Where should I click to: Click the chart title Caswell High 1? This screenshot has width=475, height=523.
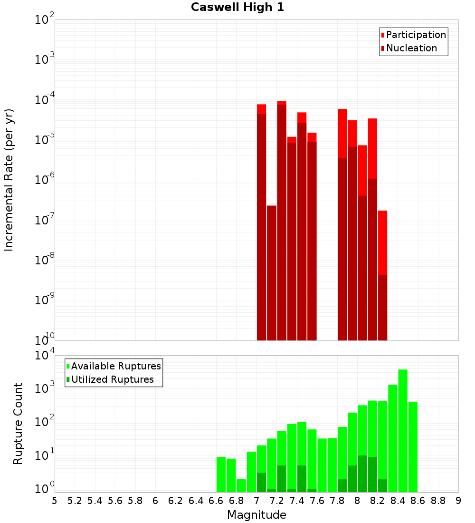[237, 8]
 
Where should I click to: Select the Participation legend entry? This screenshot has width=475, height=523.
[416, 35]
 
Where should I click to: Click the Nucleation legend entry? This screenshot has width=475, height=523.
[411, 48]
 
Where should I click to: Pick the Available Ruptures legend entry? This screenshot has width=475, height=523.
[115, 367]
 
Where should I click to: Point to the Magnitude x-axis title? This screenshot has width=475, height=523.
[256, 515]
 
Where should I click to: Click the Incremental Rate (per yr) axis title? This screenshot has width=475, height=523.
[9, 180]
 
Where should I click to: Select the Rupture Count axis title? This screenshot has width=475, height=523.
[18, 424]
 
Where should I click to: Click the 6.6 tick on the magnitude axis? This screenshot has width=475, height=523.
[216, 501]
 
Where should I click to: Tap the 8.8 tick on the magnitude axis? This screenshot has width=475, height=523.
[438, 501]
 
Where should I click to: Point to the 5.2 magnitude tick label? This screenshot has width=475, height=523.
[75, 501]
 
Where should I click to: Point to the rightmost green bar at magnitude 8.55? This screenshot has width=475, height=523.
[413, 447]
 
